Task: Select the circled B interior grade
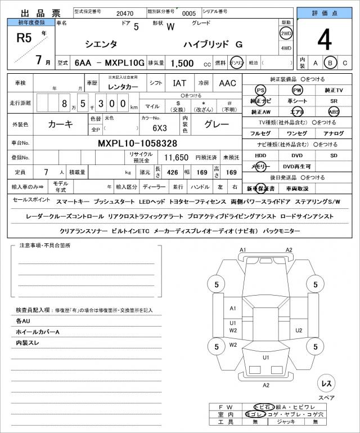pos(331,63)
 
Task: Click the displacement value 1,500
pos(183,64)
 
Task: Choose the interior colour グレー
pos(216,124)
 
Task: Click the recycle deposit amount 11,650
pos(176,158)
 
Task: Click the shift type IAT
pos(180,83)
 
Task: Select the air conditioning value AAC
pos(227,83)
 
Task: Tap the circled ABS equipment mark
pos(334,111)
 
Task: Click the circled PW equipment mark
pos(296,90)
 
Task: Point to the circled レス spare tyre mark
pos(326,383)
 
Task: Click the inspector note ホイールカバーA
pos(38,332)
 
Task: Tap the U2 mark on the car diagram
pos(299,330)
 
